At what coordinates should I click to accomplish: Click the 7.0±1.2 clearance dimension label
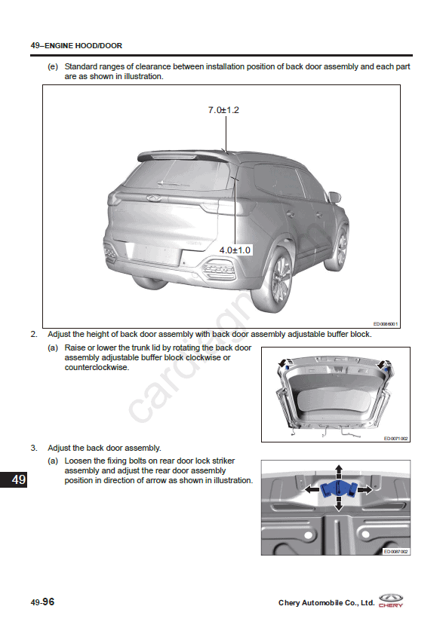point(223,110)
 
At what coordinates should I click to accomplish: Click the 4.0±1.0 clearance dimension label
point(235,250)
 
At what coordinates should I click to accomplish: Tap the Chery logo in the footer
point(391,600)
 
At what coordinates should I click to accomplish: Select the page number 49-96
point(42,602)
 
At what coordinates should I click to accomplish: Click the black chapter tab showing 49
point(14,479)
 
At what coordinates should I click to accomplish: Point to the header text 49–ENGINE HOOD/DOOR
point(76,45)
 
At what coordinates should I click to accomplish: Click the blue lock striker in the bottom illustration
point(338,489)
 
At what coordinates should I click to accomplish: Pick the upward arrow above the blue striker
point(338,472)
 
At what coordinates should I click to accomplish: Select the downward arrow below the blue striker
point(338,504)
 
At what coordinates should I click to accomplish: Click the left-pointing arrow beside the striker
point(312,489)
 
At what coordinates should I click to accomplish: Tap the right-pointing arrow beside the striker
point(365,489)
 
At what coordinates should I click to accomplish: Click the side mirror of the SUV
point(334,197)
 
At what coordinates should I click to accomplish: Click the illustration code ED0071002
point(395,439)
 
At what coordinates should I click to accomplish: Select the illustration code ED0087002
point(395,552)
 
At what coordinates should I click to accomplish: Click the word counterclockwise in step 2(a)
point(97,367)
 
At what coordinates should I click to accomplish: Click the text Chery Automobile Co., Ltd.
point(327,603)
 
